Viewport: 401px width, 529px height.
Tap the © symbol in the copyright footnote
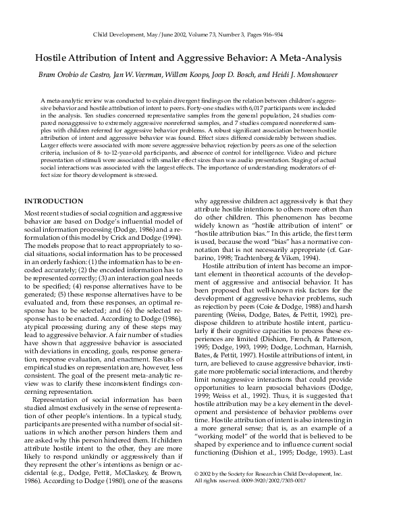(x=196, y=476)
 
